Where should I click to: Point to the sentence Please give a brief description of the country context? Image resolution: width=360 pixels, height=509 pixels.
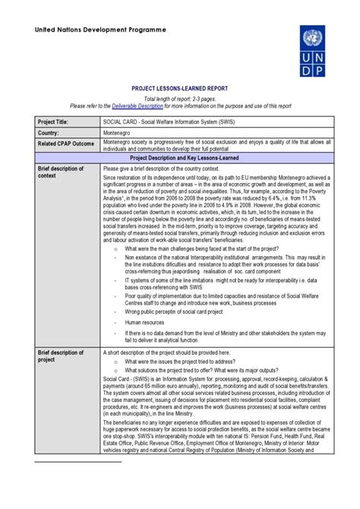click(177, 168)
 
